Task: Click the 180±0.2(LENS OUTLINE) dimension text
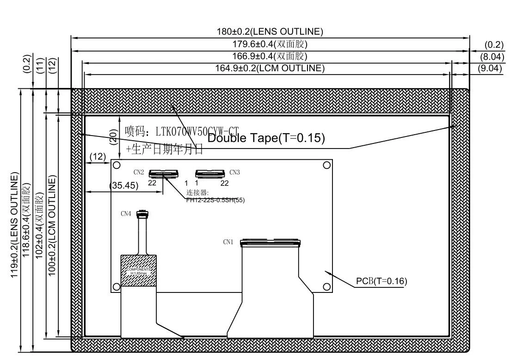(270, 32)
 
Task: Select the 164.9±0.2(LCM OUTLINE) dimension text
(270, 68)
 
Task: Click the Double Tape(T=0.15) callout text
(266, 138)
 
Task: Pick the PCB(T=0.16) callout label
(381, 281)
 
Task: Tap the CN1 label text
(228, 242)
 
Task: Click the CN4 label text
(126, 214)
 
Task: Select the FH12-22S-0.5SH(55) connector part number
(215, 200)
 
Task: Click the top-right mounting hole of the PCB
(326, 165)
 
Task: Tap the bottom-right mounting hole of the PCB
(326, 287)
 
